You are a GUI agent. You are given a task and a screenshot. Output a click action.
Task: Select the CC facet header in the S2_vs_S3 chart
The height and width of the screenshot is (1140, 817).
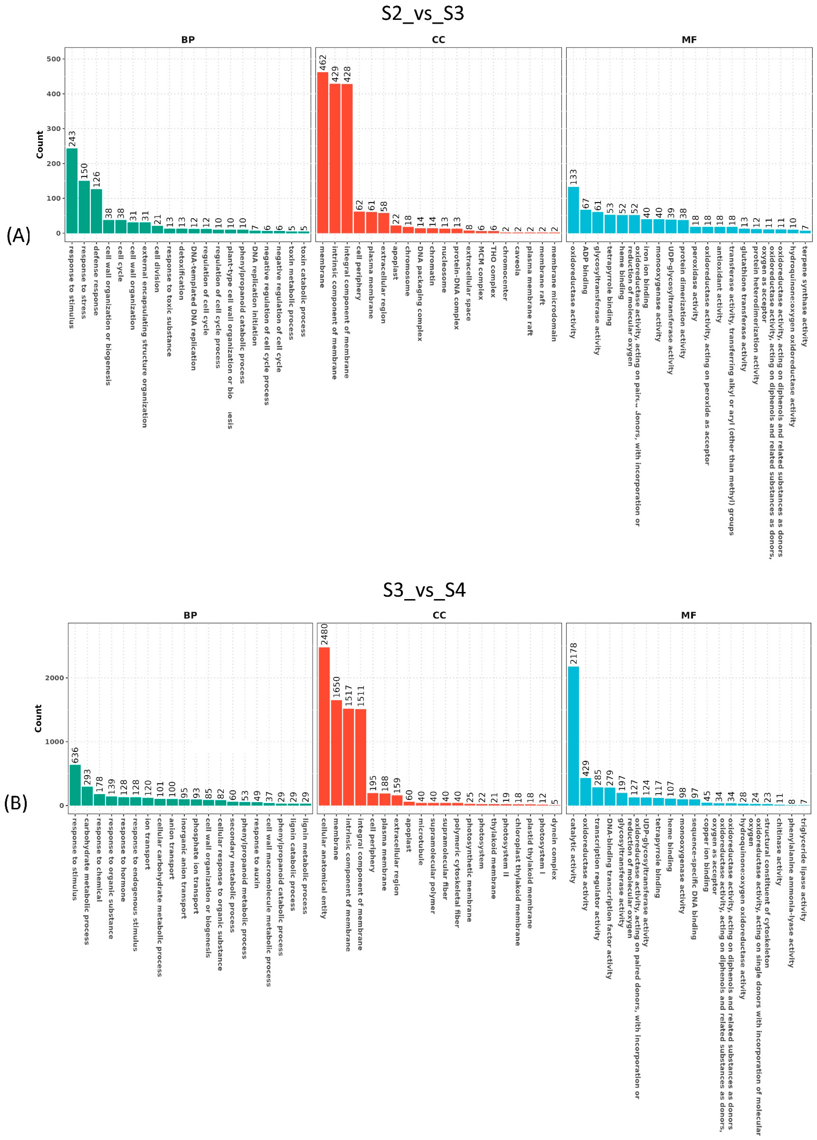coord(438,40)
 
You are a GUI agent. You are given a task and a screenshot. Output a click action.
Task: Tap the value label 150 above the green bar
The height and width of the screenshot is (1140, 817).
coord(84,171)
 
